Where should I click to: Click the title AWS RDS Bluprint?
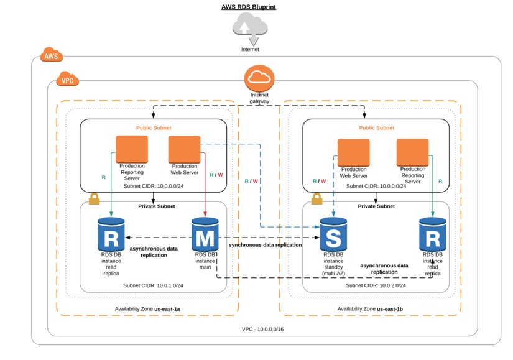click(x=249, y=7)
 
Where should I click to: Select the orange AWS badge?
click(x=52, y=56)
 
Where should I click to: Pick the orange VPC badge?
click(x=67, y=80)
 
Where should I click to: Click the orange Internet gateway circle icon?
click(x=259, y=78)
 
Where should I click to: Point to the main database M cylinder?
click(x=205, y=234)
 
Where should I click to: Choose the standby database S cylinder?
click(x=333, y=234)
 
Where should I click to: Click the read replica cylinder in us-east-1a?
click(x=112, y=234)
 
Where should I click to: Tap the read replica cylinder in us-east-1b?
click(x=432, y=234)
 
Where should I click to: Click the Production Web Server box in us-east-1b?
click(x=353, y=152)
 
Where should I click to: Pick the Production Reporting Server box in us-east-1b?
click(x=413, y=152)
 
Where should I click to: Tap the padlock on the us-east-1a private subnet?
click(x=94, y=199)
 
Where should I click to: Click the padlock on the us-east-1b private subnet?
click(x=317, y=199)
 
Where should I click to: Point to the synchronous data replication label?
click(x=266, y=245)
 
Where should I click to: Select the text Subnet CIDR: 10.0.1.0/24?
click(x=153, y=285)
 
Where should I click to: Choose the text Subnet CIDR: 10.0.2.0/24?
click(x=376, y=285)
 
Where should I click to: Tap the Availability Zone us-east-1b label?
click(x=370, y=308)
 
